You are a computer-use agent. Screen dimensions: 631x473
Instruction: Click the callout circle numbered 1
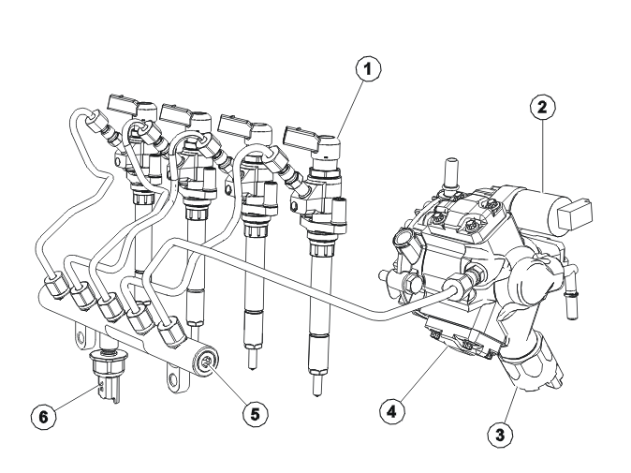pos(368,68)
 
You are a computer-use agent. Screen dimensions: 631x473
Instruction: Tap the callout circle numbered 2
pos(542,108)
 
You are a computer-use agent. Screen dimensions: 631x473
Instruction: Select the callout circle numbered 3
pos(500,435)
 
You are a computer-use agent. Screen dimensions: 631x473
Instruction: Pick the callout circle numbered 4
pos(392,412)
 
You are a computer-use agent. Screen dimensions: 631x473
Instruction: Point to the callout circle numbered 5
pos(256,414)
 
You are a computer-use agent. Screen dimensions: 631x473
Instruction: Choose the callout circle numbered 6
pos(43,416)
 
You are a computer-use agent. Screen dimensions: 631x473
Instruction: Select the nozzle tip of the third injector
pos(252,360)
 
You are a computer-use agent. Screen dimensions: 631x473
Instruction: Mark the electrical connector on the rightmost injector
pos(301,138)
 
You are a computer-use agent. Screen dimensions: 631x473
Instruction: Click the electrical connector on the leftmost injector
pos(123,104)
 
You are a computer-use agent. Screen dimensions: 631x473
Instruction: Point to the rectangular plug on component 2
pos(575,212)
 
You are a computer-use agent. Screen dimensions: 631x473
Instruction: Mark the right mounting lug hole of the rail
pos(174,378)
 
